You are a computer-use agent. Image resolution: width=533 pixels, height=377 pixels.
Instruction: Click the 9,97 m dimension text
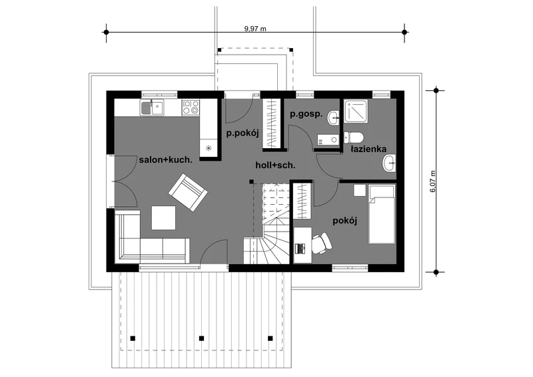(x=255, y=29)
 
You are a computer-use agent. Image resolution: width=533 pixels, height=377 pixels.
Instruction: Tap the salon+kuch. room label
(x=166, y=160)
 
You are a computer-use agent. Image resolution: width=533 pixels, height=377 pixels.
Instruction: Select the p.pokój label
(x=242, y=133)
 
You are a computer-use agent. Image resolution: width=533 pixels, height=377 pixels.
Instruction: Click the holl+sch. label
(x=275, y=164)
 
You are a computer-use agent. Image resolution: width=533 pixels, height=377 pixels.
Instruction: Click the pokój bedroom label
(x=345, y=221)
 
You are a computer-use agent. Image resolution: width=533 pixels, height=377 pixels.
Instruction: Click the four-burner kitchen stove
(x=191, y=107)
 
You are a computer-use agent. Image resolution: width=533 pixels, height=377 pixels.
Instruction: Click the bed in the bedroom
(x=382, y=214)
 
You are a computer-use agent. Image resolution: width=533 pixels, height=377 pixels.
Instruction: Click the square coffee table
(x=163, y=218)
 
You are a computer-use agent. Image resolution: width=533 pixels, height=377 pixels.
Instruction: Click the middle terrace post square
(x=201, y=338)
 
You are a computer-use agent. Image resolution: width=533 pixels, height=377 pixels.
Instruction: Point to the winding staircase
(x=271, y=235)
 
